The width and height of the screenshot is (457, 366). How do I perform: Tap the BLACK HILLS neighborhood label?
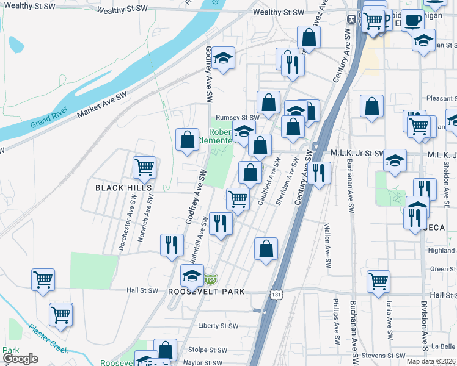coord(119,188)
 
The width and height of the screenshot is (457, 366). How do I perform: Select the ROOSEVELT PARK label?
coord(206,292)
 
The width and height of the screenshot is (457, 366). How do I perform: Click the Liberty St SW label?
coord(218,326)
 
